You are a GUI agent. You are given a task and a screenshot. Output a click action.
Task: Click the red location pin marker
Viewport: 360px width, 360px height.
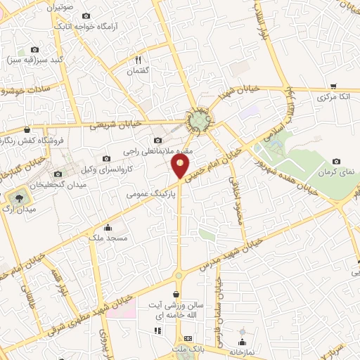(180, 167)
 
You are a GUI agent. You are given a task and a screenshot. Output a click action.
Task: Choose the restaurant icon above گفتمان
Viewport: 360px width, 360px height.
(138, 60)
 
